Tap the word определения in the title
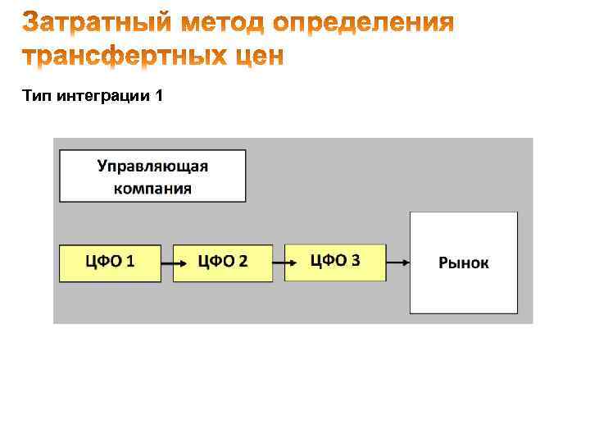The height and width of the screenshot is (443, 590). (x=363, y=24)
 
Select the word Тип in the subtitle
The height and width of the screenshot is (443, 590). (x=38, y=97)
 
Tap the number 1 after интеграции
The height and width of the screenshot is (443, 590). (x=159, y=97)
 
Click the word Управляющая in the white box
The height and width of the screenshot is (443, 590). (x=152, y=167)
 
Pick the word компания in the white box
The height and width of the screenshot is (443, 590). (x=152, y=188)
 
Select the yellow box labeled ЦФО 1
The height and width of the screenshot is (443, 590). (x=111, y=263)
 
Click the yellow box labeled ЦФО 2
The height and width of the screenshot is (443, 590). (x=223, y=263)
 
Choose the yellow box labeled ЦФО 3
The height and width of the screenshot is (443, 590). (x=335, y=262)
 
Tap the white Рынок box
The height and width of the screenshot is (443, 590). (x=464, y=263)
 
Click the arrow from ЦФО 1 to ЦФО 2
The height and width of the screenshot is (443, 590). (x=167, y=263)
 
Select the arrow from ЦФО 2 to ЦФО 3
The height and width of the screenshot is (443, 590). (x=279, y=263)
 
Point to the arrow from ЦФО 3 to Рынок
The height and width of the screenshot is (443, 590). (x=397, y=263)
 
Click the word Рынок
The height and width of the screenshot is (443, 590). (x=464, y=263)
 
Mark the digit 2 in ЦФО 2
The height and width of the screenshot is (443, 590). (x=243, y=262)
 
